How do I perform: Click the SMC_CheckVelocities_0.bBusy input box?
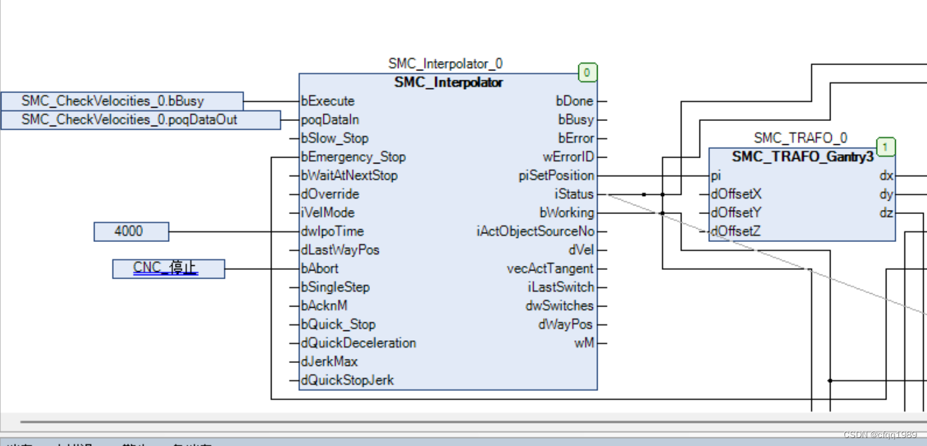coord(122,101)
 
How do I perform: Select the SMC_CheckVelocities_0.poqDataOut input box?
coord(140,120)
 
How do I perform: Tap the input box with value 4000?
coord(131,231)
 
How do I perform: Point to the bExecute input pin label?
coord(328,101)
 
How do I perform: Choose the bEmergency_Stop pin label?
coord(353,157)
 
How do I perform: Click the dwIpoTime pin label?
coord(333,231)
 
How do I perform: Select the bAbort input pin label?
coord(320,269)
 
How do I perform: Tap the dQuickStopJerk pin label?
coord(347,380)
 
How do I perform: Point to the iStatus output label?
coord(574,194)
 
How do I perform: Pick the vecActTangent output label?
coord(550,269)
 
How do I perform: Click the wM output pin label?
coord(584,343)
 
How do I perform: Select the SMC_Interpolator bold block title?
coord(449,82)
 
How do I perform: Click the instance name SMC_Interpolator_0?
coord(445,64)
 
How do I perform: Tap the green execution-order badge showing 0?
coord(587,72)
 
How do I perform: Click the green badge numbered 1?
coord(885,146)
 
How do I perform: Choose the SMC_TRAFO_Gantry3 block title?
coord(803,157)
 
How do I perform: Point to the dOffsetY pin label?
coord(736,213)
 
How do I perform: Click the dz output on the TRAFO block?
coord(886,213)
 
